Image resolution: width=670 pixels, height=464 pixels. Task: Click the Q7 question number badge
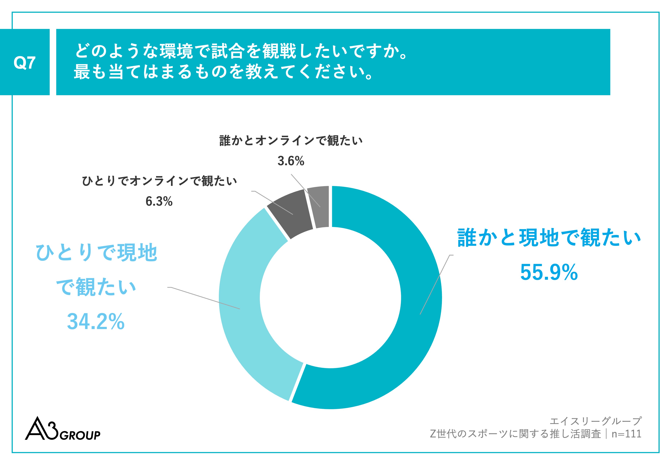click(x=25, y=62)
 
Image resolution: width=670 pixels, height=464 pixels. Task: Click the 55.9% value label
click(x=549, y=272)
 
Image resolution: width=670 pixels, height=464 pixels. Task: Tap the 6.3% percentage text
click(x=159, y=201)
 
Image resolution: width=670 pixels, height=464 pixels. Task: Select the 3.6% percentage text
click(x=291, y=161)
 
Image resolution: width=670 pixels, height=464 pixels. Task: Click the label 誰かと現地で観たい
click(x=549, y=238)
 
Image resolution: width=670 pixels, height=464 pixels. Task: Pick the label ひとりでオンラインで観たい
click(x=159, y=181)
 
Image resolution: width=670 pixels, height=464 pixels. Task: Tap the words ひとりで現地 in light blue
click(x=96, y=252)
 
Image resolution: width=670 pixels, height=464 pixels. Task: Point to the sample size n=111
click(x=626, y=434)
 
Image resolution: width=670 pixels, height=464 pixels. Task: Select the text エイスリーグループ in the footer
click(x=596, y=421)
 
